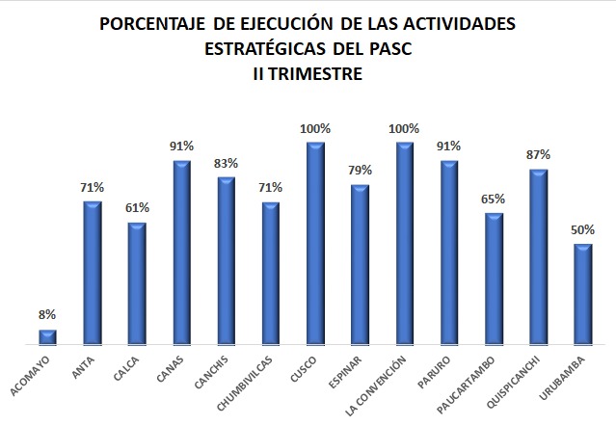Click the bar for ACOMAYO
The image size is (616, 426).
pyautogui.click(x=47, y=336)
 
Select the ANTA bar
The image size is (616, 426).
pyautogui.click(x=93, y=272)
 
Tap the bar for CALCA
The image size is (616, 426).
pyautogui.click(x=137, y=282)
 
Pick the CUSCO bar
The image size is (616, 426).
pyautogui.click(x=315, y=243)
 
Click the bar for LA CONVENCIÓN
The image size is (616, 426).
pyautogui.click(x=405, y=243)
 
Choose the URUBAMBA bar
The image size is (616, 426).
pyautogui.click(x=582, y=293)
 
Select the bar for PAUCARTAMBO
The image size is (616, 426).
pyautogui.click(x=494, y=278)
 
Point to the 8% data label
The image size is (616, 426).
pyautogui.click(x=47, y=314)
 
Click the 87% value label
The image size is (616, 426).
pyautogui.click(x=538, y=154)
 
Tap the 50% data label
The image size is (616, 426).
pyautogui.click(x=582, y=229)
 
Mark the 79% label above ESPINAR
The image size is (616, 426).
pyautogui.click(x=360, y=171)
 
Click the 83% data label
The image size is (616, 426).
pyautogui.click(x=226, y=162)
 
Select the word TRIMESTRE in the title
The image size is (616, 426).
pyautogui.click(x=319, y=71)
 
